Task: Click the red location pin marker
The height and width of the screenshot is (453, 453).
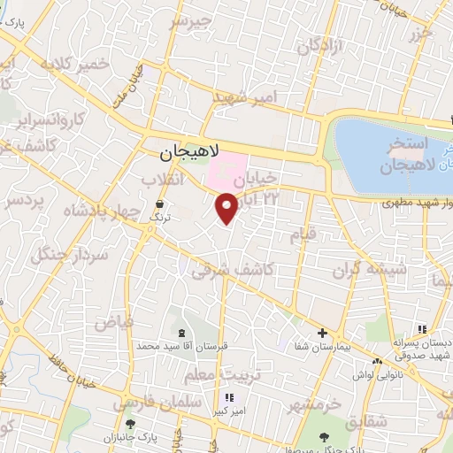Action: coord(226,207)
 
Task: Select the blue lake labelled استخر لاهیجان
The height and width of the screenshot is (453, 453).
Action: coord(389,146)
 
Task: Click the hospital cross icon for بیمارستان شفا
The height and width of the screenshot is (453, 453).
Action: coord(322,334)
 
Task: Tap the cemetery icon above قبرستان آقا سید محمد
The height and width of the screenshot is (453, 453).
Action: coord(182,333)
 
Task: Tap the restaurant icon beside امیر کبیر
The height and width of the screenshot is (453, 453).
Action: coord(231,397)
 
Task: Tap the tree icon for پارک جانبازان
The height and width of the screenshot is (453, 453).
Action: coord(130,424)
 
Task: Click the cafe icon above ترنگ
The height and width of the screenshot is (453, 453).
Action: coord(158,203)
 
